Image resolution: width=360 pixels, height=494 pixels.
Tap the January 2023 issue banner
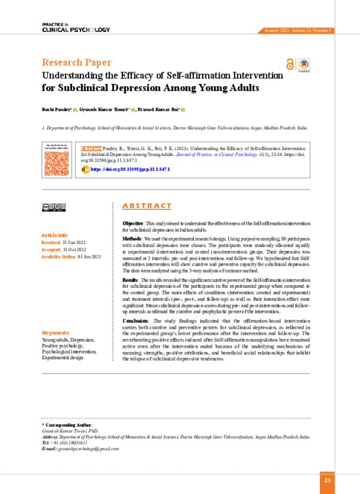click(x=296, y=31)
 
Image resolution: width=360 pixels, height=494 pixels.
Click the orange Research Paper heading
click(x=76, y=62)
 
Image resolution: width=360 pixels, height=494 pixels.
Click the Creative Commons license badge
click(x=53, y=207)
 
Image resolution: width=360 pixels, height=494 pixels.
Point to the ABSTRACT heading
click(x=146, y=206)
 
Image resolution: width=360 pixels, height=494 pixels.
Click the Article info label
click(x=55, y=235)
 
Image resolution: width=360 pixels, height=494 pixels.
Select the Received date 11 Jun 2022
click(x=72, y=242)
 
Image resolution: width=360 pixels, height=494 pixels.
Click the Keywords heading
click(x=55, y=332)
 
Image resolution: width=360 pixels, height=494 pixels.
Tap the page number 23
click(x=327, y=480)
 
